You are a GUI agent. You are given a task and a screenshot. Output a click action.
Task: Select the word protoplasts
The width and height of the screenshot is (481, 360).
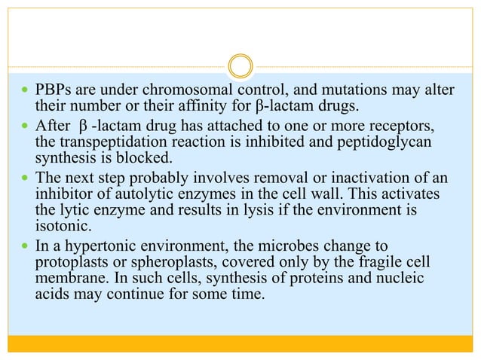(x=74, y=260)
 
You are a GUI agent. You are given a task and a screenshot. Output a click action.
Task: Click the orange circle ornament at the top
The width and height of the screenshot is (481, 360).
(x=240, y=66)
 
